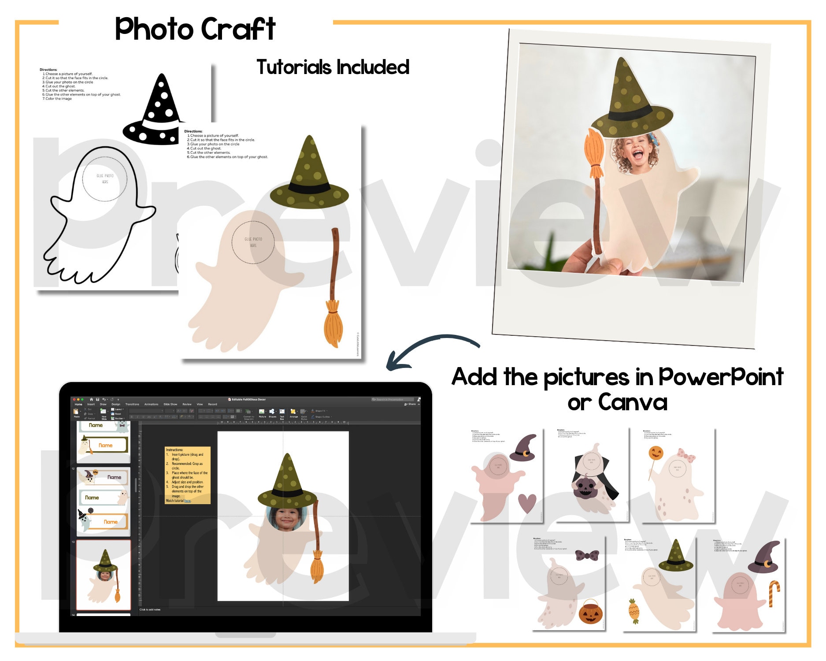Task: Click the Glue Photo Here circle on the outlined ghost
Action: (105, 178)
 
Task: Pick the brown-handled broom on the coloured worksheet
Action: (333, 286)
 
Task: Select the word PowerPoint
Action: (721, 377)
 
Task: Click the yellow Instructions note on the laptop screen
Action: (187, 475)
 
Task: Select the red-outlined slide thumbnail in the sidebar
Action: (104, 575)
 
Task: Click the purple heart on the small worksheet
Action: (527, 503)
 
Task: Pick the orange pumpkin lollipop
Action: (656, 453)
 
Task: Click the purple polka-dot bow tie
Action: (587, 555)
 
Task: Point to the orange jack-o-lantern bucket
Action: (590, 613)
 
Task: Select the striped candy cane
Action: (774, 593)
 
